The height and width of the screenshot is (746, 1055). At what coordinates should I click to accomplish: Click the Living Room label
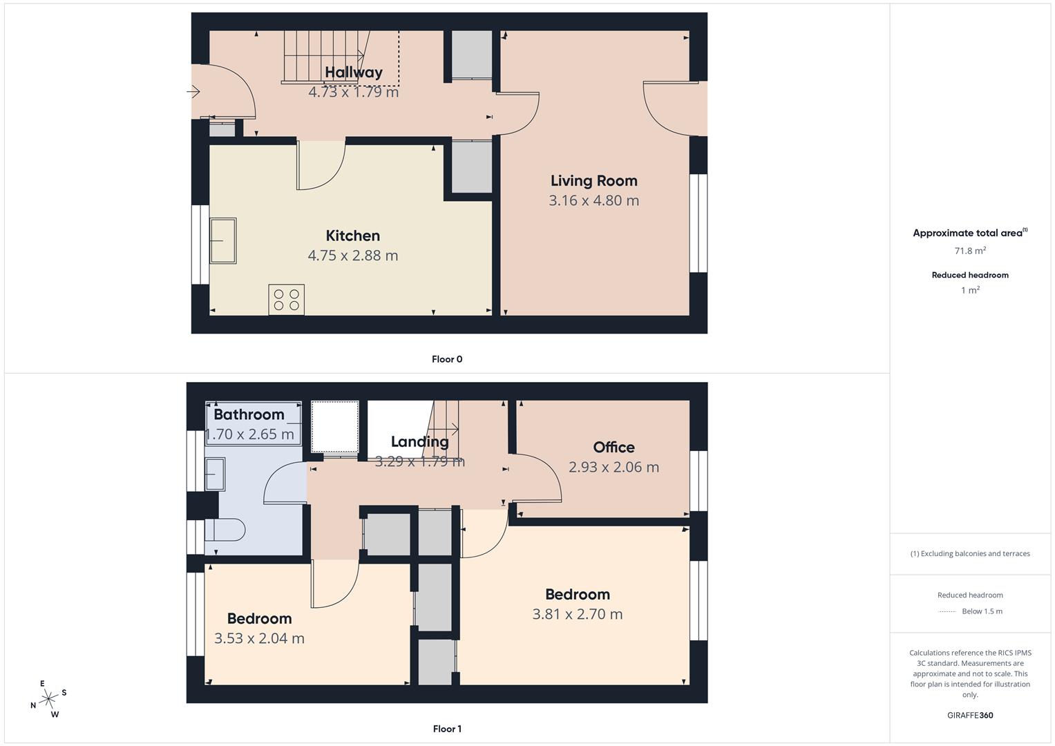[x=593, y=181]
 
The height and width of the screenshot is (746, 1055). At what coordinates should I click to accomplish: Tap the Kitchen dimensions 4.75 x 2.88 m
[x=352, y=256]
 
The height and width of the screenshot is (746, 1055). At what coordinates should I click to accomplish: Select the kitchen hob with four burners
[x=286, y=300]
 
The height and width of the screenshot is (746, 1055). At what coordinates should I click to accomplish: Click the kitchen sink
[x=223, y=240]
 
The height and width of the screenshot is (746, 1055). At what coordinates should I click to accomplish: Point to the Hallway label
[x=353, y=73]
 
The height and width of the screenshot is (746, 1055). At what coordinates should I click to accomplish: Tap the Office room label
[x=614, y=448]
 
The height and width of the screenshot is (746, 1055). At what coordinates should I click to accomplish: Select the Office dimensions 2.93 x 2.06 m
[x=614, y=467]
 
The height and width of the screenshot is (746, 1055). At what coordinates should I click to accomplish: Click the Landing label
[x=419, y=442]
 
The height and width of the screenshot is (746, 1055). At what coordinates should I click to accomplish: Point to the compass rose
[x=48, y=699]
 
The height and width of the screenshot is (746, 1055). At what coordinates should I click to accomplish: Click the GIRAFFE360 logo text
[x=970, y=715]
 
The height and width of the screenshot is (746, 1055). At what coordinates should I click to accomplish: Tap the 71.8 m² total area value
[x=970, y=251]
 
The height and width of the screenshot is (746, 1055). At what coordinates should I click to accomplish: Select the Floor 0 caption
[x=447, y=359]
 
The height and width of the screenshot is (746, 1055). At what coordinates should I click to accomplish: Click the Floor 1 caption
[x=447, y=729]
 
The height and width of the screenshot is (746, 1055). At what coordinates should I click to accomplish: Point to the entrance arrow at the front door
[x=193, y=91]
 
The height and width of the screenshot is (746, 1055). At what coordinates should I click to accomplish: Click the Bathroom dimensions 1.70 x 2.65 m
[x=250, y=434]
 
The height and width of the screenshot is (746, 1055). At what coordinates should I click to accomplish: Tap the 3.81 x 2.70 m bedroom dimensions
[x=577, y=614]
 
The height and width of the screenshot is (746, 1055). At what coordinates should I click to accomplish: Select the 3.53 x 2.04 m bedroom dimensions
[x=259, y=638]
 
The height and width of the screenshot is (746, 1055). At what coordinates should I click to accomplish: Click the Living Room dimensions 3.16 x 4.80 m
[x=593, y=200]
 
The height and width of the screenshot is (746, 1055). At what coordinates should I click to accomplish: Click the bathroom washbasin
[x=215, y=474]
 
